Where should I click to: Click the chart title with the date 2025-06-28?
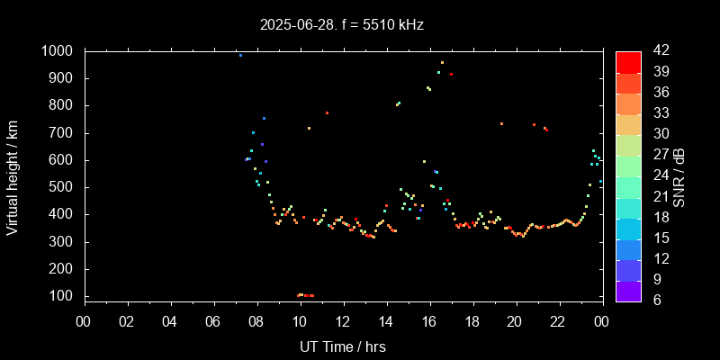pyautogui.click(x=341, y=24)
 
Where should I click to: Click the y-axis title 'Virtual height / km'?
pyautogui.click(x=13, y=176)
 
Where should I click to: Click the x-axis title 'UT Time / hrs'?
pyautogui.click(x=343, y=346)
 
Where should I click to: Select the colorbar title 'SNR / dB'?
pyautogui.click(x=679, y=176)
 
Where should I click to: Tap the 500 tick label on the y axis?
pyautogui.click(x=61, y=187)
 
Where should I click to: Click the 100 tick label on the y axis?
pyautogui.click(x=61, y=296)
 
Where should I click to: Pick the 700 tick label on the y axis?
pyautogui.click(x=61, y=133)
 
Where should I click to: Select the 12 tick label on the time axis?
pyautogui.click(x=343, y=321)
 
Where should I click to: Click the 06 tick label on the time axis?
pyautogui.click(x=213, y=321)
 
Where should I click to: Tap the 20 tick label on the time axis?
pyautogui.click(x=516, y=321)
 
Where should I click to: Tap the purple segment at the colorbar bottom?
pyautogui.click(x=628, y=291)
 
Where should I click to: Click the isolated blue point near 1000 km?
pyautogui.click(x=240, y=55)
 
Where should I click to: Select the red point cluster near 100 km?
pyautogui.click(x=305, y=295)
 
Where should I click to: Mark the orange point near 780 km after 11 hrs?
pyautogui.click(x=327, y=112)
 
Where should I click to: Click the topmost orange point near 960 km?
pyautogui.click(x=442, y=62)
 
